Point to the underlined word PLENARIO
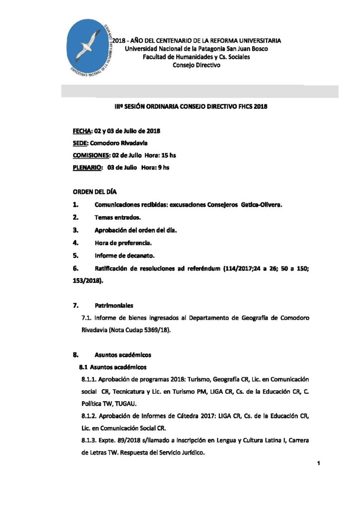85,168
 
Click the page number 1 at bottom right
317,463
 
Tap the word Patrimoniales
114,305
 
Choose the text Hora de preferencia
123,243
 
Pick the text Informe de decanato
124,256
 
